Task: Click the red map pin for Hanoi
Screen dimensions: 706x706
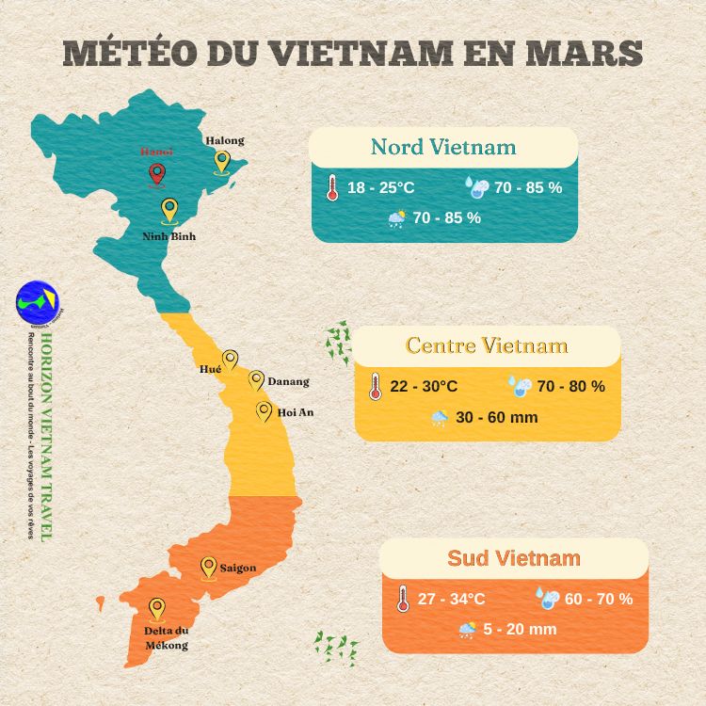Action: (x=156, y=174)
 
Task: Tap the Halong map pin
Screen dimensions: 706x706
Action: (x=222, y=162)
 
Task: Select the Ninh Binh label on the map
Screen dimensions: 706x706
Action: (x=169, y=236)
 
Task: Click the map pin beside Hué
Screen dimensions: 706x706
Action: (x=230, y=361)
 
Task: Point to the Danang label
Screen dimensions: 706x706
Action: (x=288, y=382)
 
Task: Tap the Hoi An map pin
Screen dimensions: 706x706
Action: (x=265, y=411)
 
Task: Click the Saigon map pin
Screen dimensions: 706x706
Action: (x=209, y=567)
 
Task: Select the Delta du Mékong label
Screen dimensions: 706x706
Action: (x=167, y=637)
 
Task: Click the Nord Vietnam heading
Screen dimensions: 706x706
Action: (x=443, y=148)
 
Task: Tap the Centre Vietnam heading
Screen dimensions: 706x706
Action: (x=487, y=345)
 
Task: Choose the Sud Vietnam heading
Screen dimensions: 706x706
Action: (x=514, y=558)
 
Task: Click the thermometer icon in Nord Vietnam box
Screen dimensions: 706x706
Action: (x=331, y=188)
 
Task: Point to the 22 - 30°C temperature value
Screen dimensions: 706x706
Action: (x=424, y=387)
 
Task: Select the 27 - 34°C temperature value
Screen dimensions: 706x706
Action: (x=451, y=599)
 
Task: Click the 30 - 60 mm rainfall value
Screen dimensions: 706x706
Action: (x=497, y=417)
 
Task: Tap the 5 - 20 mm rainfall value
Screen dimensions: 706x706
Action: (x=521, y=629)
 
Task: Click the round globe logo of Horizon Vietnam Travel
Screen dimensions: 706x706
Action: (x=38, y=301)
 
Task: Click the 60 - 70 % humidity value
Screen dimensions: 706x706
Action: (x=599, y=599)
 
